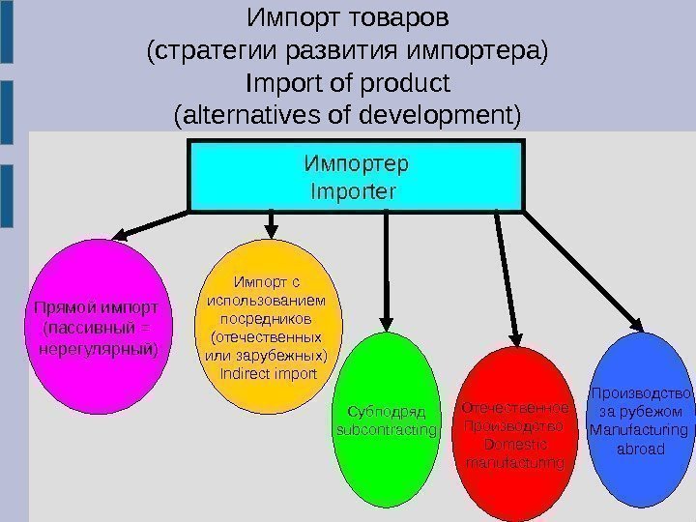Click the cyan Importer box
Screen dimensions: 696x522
tap(355, 175)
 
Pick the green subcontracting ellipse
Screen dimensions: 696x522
tap(386, 420)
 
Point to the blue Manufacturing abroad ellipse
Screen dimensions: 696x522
tap(641, 420)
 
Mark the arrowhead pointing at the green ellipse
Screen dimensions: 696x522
tap(388, 324)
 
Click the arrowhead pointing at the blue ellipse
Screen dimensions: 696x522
tap(635, 326)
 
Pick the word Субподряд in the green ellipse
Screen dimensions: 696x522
tap(386, 411)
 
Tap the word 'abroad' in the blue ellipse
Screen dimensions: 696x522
tap(641, 449)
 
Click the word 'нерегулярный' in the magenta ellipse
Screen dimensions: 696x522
tap(96, 346)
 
